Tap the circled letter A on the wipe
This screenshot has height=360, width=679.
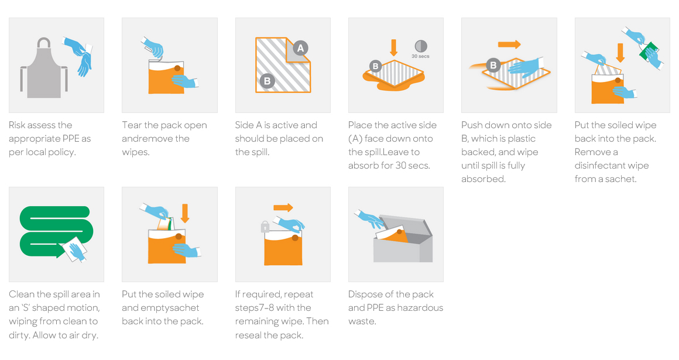pyautogui.click(x=300, y=48)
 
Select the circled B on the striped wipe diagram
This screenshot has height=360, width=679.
pyautogui.click(x=267, y=81)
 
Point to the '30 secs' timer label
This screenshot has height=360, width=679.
pyautogui.click(x=421, y=57)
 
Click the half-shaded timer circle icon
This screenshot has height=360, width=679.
pyautogui.click(x=420, y=46)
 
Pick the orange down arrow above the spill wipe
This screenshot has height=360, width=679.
pyautogui.click(x=393, y=47)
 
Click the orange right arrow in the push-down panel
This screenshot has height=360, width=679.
pyautogui.click(x=509, y=44)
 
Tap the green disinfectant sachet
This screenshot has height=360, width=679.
pyautogui.click(x=649, y=52)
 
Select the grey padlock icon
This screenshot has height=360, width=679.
pyautogui.click(x=265, y=226)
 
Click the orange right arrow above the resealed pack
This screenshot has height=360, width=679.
pyautogui.click(x=283, y=207)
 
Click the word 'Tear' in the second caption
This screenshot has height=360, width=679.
pyautogui.click(x=132, y=125)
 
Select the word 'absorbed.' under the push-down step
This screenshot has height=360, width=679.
pyautogui.click(x=483, y=179)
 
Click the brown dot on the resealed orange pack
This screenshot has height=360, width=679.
pyautogui.click(x=294, y=238)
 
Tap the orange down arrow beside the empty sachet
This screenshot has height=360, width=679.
pyautogui.click(x=185, y=212)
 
